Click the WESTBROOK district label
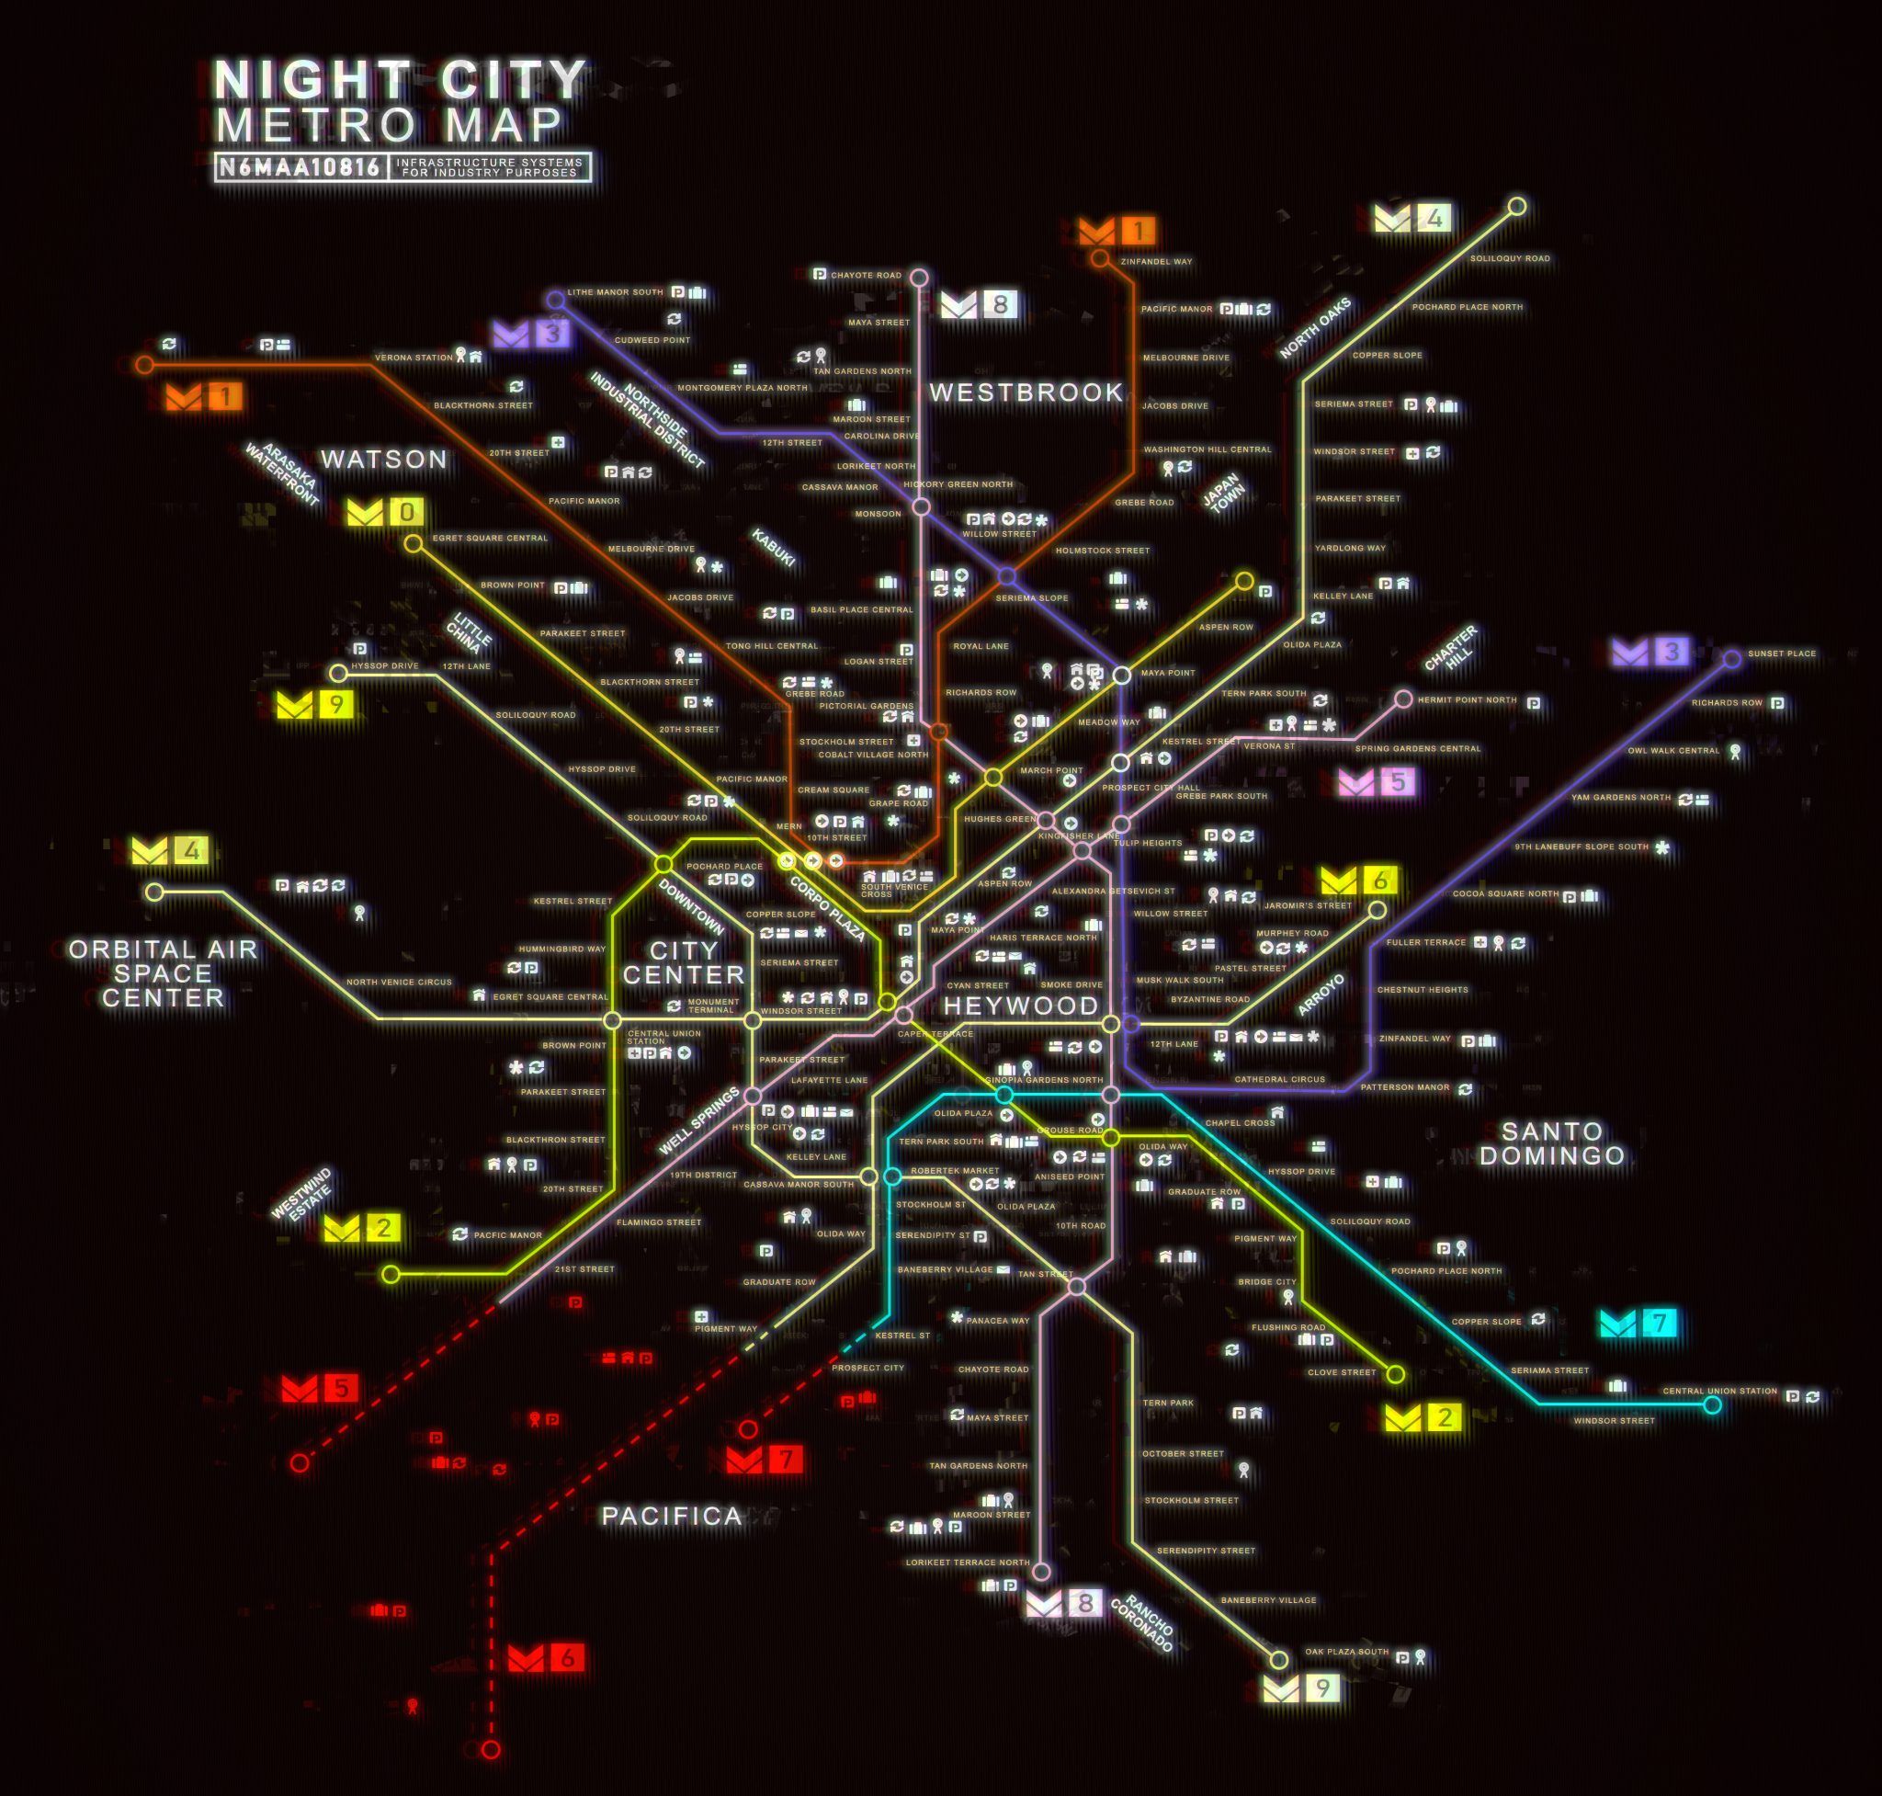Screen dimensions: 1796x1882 (1026, 392)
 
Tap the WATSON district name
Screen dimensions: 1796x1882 (384, 460)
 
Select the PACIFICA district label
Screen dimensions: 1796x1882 (671, 1517)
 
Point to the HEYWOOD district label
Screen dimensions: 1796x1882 (1020, 1006)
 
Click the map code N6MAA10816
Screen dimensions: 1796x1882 (300, 167)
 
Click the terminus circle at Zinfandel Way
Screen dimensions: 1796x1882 (1100, 258)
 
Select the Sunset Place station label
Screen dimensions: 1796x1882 (1782, 654)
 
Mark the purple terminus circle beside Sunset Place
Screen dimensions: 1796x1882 (1730, 659)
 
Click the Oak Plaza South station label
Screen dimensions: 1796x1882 (1346, 1652)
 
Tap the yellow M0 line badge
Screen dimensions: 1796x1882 (385, 512)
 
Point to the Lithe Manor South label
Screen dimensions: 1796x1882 (615, 292)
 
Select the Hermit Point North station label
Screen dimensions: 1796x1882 (1467, 699)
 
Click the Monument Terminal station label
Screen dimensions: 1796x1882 (713, 1006)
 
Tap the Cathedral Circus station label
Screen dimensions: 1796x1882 (1279, 1079)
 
